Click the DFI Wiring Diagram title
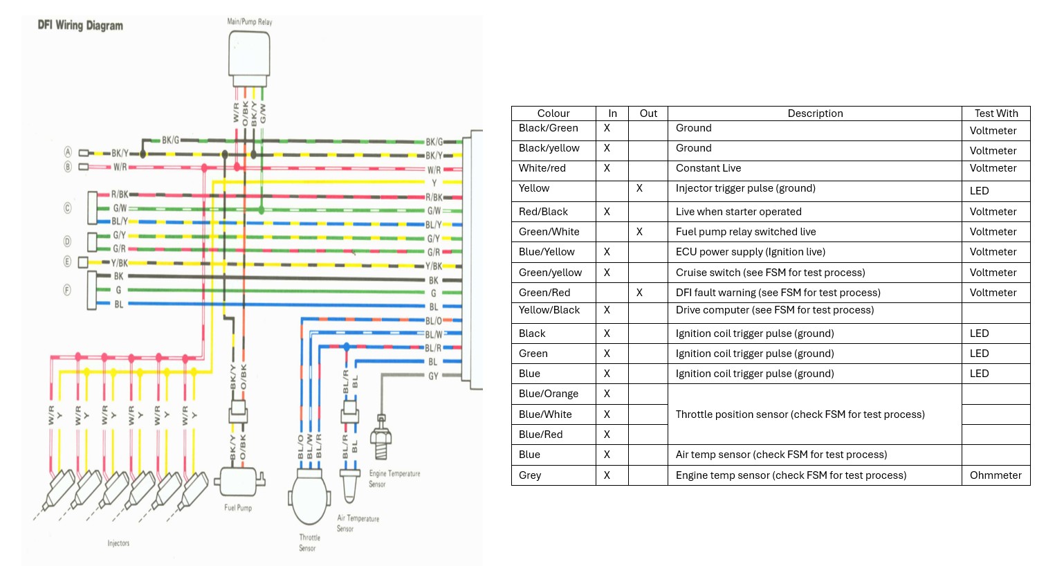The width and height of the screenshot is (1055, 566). (x=80, y=26)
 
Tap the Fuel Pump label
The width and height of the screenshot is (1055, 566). (x=238, y=508)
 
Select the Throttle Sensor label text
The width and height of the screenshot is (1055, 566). (x=309, y=542)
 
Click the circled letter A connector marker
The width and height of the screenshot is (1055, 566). (x=68, y=152)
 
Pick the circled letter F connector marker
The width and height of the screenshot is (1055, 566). (x=67, y=290)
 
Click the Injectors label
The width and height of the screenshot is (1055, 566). (x=118, y=543)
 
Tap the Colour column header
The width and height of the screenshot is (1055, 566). (x=553, y=113)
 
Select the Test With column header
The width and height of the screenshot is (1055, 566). (x=996, y=113)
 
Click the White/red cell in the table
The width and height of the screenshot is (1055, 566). (x=542, y=168)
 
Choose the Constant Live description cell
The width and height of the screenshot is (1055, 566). (x=708, y=168)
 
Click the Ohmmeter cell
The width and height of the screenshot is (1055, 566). (x=996, y=475)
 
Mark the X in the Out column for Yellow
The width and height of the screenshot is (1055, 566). (x=639, y=188)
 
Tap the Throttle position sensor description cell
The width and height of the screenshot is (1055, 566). (x=800, y=414)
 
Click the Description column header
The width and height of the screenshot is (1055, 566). (x=815, y=113)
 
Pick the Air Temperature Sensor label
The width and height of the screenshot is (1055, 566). (x=358, y=523)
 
